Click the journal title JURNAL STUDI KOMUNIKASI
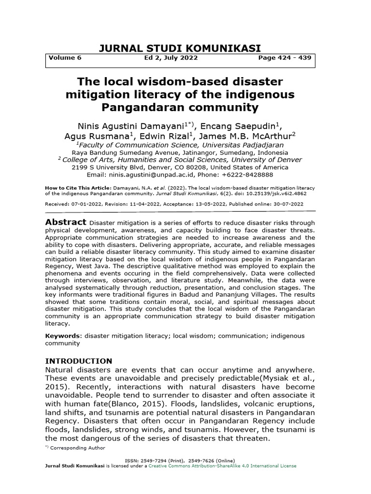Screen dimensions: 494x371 [x=180, y=48]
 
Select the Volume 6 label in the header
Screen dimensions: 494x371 [x=65, y=58]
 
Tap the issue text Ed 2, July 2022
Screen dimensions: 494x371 [x=168, y=58]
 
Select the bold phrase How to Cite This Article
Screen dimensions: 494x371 [x=78, y=187]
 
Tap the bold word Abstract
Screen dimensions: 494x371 [x=66, y=222]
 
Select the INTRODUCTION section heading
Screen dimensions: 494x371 [x=78, y=361]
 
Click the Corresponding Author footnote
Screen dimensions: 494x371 [x=78, y=448]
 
